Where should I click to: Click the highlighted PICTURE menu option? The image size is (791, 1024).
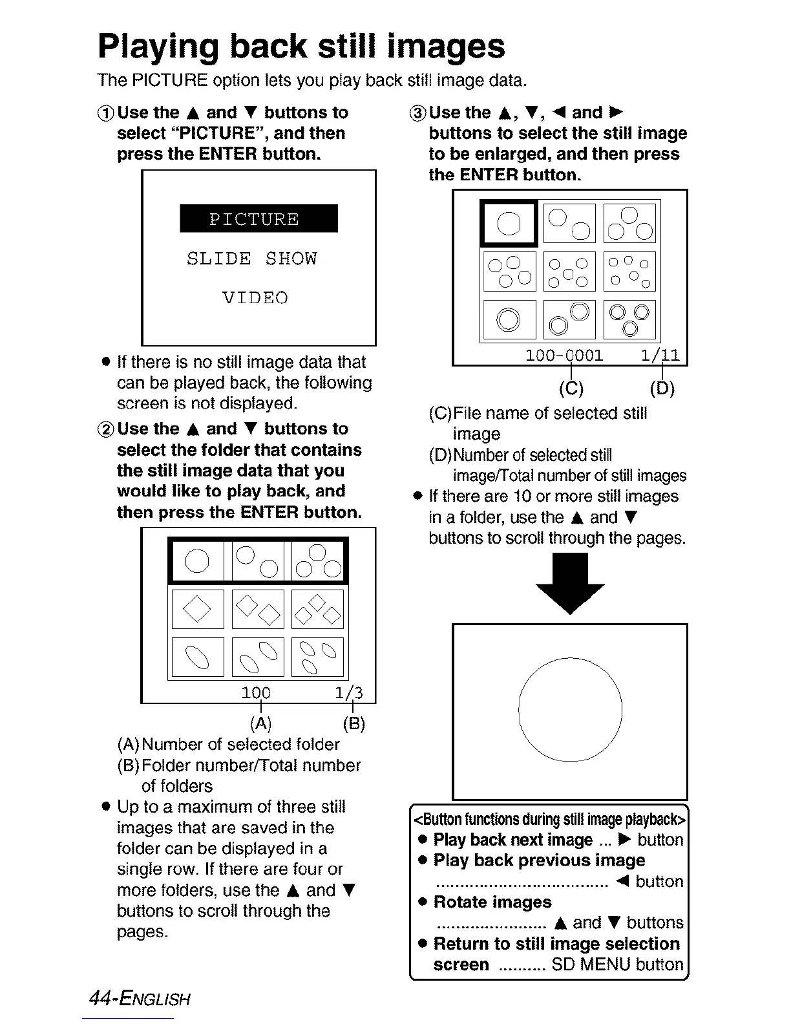258,219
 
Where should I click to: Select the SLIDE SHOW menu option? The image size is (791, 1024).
252,259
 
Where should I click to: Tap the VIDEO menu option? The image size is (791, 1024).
255,298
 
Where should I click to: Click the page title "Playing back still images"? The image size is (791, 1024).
301,47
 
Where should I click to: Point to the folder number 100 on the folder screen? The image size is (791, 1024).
256,693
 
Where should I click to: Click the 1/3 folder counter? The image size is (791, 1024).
349,693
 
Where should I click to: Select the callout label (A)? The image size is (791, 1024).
260,723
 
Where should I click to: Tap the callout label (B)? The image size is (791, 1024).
353,723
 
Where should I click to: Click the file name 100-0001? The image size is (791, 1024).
564,356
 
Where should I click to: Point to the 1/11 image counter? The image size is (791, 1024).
660,356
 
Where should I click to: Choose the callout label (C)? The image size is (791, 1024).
571,388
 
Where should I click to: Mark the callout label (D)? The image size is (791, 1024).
662,388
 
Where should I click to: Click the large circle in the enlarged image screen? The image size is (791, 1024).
570,710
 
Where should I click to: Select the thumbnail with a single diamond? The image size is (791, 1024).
198,609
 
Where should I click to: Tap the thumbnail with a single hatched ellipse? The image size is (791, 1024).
198,657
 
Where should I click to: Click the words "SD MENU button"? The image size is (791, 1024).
617,965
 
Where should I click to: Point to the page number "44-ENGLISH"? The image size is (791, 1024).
140,999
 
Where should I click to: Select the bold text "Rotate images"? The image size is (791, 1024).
492,902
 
